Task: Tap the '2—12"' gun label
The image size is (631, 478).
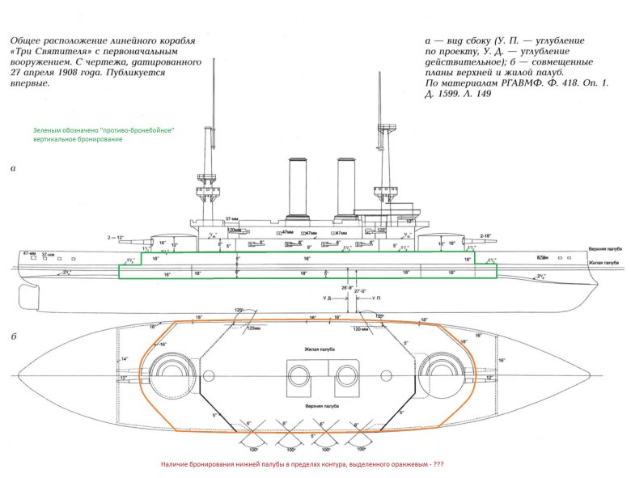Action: tap(116, 237)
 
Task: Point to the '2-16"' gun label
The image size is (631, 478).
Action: tap(486, 235)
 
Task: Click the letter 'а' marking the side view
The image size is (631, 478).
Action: tap(13, 169)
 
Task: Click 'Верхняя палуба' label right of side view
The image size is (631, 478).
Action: tap(603, 251)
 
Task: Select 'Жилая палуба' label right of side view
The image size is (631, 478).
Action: tap(603, 263)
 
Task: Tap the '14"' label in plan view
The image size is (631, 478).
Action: tap(124, 358)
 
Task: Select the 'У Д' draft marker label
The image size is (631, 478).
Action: tap(326, 298)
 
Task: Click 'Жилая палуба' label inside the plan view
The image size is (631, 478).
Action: tap(319, 349)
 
